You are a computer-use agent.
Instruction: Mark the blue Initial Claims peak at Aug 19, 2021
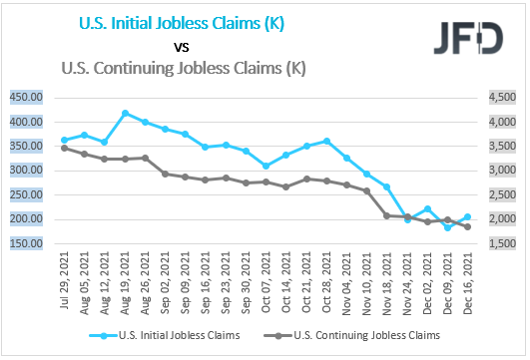point(126,113)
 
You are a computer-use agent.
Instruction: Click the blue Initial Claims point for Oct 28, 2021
point(327,142)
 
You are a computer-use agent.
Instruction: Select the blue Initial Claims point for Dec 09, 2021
point(448,227)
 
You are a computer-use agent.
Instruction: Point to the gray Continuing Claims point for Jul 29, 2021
point(65,148)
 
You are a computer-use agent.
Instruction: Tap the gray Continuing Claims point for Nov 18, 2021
point(387,215)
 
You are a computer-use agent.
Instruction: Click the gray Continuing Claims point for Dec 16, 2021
point(468,226)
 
